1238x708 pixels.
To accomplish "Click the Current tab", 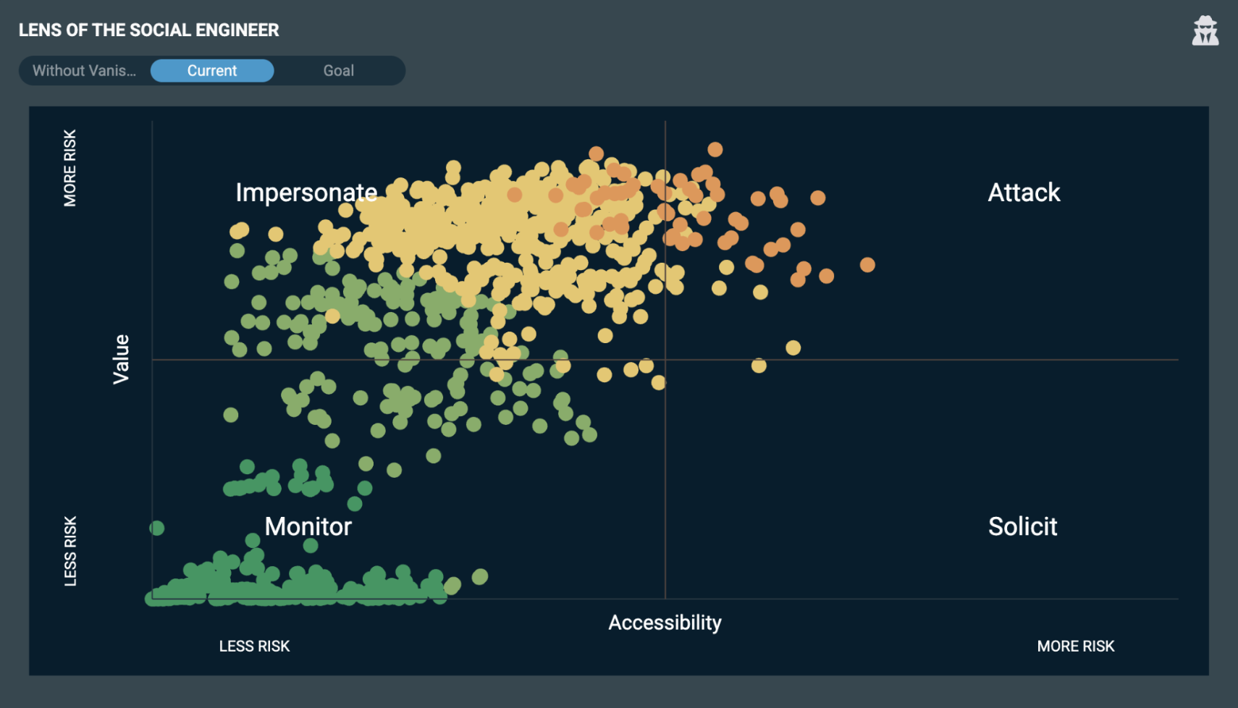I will click(x=212, y=71).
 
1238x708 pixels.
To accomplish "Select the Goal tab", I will click(x=338, y=71).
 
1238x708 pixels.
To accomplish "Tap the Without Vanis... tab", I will click(x=84, y=71).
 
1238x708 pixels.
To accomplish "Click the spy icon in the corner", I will click(x=1205, y=31).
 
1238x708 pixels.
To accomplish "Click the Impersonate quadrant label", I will click(x=306, y=193).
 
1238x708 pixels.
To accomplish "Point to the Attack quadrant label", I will click(x=1024, y=193).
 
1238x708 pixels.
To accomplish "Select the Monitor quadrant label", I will click(x=308, y=526).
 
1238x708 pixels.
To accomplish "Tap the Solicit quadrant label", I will click(x=1022, y=526).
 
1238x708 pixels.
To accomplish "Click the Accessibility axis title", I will click(x=665, y=623).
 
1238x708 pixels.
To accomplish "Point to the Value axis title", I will click(x=121, y=359).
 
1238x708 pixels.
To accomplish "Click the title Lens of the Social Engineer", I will click(x=148, y=30).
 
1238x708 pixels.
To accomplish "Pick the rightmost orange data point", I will click(x=867, y=265).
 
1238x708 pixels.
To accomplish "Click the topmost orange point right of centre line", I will click(x=715, y=150).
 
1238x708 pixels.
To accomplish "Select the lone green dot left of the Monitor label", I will click(x=156, y=528).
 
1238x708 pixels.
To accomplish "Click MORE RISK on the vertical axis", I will click(x=70, y=168).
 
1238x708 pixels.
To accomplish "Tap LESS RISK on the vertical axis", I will click(x=70, y=551).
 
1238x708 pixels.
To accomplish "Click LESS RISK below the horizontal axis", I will click(x=254, y=646).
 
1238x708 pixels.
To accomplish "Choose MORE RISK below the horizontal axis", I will click(x=1075, y=646).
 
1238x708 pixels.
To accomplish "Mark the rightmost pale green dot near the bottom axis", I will click(x=480, y=577).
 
